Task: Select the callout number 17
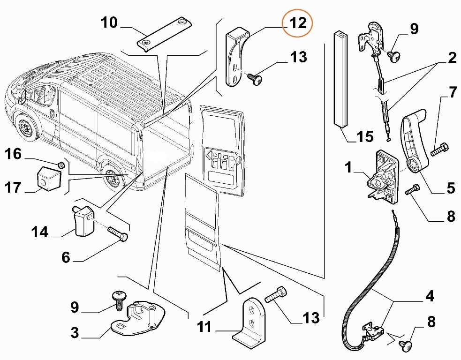click(14, 187)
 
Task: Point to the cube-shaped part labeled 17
click(48, 178)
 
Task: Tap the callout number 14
click(40, 231)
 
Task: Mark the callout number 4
click(430, 296)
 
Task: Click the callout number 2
click(451, 58)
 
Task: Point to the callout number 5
click(450, 188)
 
